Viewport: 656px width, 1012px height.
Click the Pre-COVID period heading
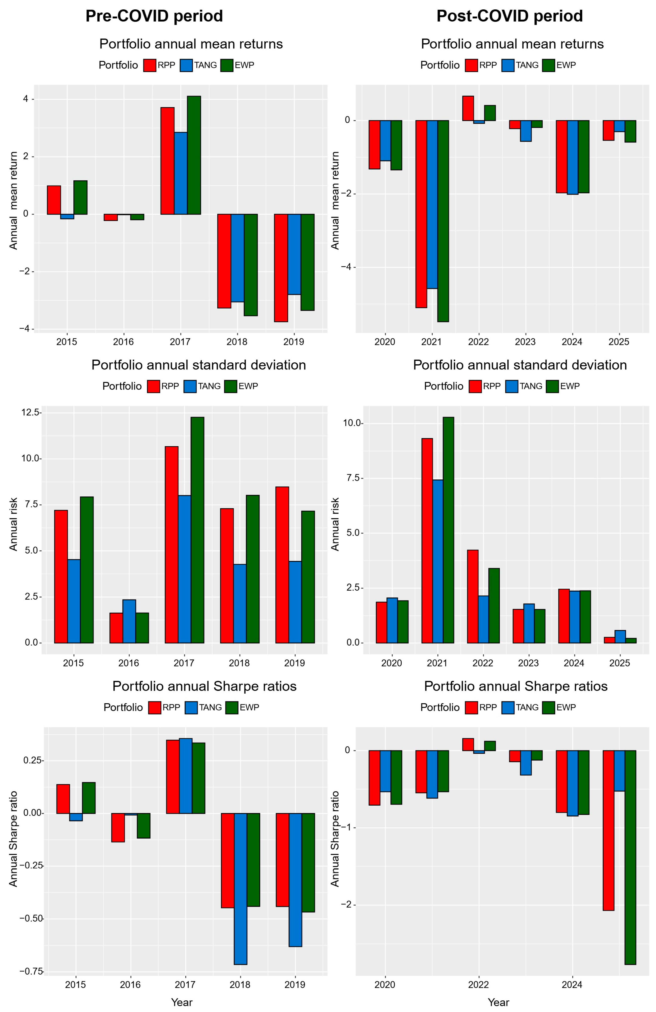tap(154, 16)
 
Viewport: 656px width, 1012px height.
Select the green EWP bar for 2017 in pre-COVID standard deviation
tap(197, 529)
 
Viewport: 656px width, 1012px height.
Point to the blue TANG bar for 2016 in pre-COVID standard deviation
tap(129, 621)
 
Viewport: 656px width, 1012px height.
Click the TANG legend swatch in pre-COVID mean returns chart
tap(186, 65)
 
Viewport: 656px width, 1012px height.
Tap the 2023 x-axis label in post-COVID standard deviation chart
tap(528, 663)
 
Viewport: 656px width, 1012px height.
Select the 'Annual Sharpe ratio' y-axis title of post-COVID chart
tap(335, 838)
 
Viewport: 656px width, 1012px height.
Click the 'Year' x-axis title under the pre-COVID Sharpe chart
tap(182, 1002)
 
